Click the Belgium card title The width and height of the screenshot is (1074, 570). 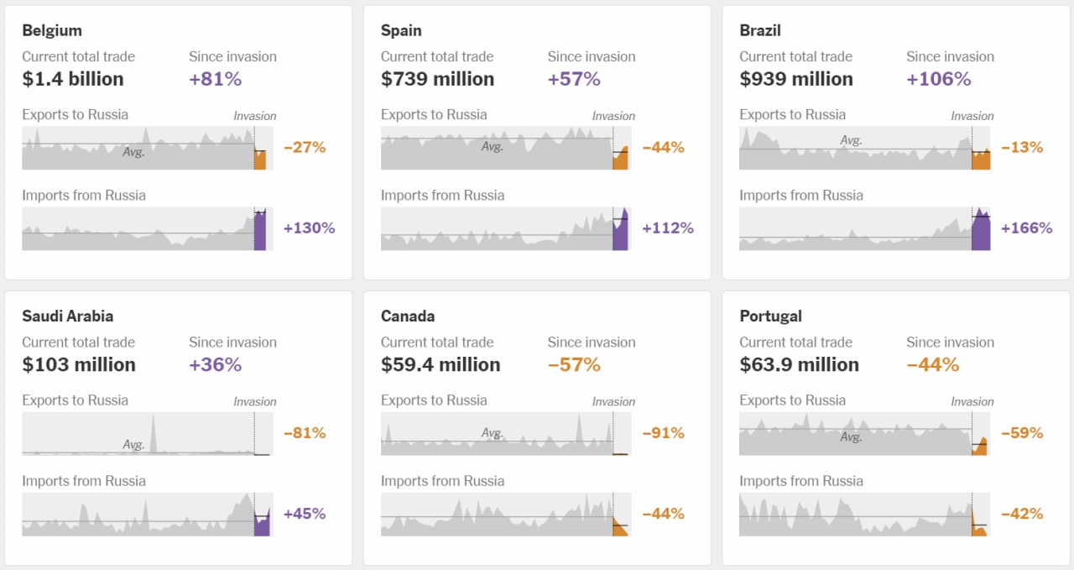click(x=52, y=30)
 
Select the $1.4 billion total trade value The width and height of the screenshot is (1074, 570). click(x=73, y=79)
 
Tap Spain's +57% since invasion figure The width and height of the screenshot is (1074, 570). click(x=574, y=79)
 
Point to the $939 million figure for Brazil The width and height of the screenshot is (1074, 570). click(x=795, y=79)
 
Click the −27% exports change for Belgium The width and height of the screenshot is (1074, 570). click(x=305, y=148)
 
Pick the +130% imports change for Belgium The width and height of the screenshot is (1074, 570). click(x=309, y=228)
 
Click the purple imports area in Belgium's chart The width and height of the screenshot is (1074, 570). click(x=260, y=233)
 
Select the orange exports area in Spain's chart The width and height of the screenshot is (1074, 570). click(x=620, y=160)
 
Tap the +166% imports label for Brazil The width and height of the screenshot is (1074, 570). click(x=1026, y=228)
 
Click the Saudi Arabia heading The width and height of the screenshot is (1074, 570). click(x=68, y=316)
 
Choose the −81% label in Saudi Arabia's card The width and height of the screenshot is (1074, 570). click(x=305, y=433)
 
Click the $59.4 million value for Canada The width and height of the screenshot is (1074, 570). click(x=441, y=364)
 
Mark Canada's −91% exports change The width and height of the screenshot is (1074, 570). click(x=663, y=433)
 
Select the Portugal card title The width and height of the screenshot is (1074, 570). click(x=770, y=316)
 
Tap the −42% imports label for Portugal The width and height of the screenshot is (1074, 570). click(x=1022, y=514)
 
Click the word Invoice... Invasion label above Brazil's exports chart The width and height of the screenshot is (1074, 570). click(x=972, y=116)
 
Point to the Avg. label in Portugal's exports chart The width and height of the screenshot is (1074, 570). click(x=851, y=437)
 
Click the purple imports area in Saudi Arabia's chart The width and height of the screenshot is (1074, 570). click(x=262, y=526)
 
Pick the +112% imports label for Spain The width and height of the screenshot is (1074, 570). click(x=668, y=228)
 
